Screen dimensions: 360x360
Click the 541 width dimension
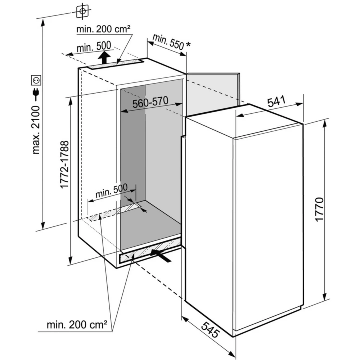(276, 102)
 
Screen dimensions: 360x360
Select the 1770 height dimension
(319, 209)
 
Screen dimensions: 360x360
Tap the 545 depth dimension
(211, 329)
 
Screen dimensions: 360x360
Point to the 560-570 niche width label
(150, 102)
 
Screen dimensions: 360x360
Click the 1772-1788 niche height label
(64, 165)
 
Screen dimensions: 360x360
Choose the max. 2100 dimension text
(36, 130)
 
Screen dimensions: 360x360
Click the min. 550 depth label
(168, 42)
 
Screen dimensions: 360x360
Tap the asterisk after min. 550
(188, 44)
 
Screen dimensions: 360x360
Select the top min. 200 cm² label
(103, 29)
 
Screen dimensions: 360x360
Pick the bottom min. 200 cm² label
(77, 325)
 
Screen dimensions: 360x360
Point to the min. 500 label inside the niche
(112, 190)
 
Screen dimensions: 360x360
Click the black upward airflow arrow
(104, 57)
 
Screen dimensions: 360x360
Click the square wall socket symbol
(36, 80)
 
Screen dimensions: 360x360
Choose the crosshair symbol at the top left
(83, 11)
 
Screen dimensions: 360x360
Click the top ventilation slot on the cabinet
(116, 64)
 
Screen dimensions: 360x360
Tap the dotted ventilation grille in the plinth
(150, 251)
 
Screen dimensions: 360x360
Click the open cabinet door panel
(213, 94)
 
